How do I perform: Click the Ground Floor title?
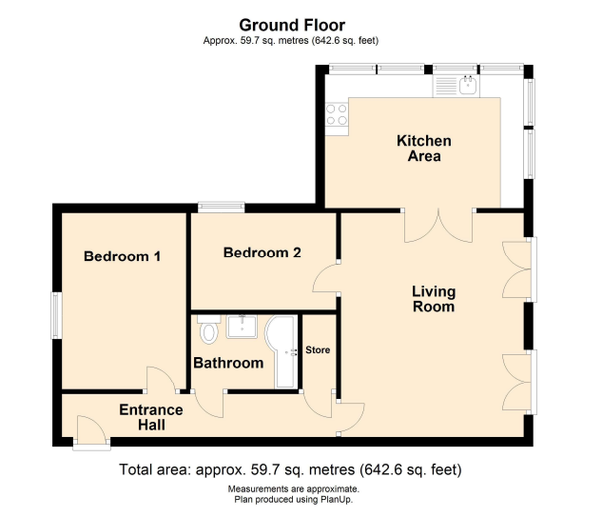(292, 26)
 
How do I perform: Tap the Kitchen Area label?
(424, 149)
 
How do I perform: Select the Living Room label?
(434, 299)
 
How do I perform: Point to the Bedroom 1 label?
(122, 256)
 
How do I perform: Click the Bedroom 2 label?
(262, 252)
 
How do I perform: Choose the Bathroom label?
(228, 363)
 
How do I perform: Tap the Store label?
(318, 349)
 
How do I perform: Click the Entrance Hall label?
(151, 417)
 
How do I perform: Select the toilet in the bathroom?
(208, 329)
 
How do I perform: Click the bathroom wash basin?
(242, 327)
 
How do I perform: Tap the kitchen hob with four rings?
(337, 114)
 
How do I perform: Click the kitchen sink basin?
(468, 85)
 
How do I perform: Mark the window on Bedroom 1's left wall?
(57, 315)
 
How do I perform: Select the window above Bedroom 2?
(222, 208)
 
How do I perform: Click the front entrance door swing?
(91, 429)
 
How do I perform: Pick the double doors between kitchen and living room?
(438, 226)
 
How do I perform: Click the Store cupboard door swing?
(318, 404)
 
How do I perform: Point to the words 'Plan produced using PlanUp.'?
(294, 500)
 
